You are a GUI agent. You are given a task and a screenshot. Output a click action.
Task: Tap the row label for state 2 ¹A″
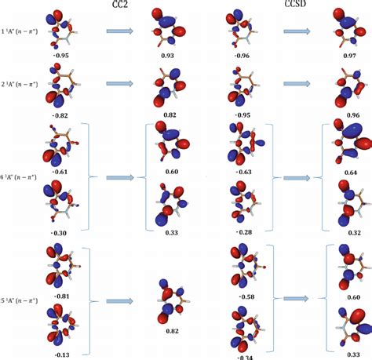coord(21,83)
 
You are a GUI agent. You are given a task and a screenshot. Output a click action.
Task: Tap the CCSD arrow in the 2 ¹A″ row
coord(296,83)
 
